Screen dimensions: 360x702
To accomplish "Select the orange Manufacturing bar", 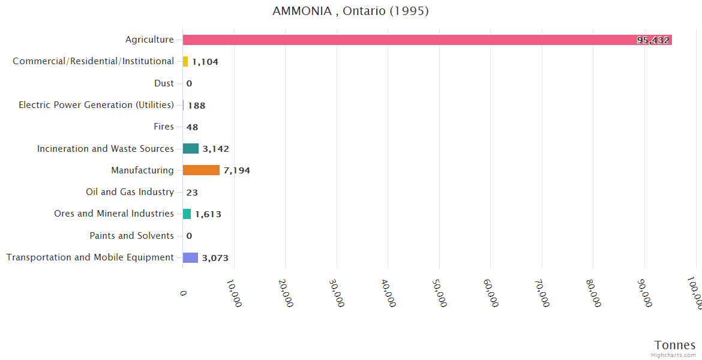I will tap(201, 170).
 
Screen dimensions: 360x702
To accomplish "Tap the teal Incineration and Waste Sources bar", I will tap(191, 149).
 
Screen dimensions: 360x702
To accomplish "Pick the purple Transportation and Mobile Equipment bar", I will tap(190, 257).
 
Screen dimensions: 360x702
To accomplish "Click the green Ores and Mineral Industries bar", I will tap(187, 214).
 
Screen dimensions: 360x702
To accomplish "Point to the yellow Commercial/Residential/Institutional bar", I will tap(185, 61).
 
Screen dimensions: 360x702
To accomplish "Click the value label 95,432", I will tap(653, 40).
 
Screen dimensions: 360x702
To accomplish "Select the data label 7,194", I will tap(236, 170).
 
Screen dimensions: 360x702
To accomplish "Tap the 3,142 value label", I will tap(215, 149).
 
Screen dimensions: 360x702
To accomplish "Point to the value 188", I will tap(196, 106).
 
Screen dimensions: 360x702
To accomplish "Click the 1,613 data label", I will tap(208, 214).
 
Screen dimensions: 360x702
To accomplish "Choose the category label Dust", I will tap(164, 83).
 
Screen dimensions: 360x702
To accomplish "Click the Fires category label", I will tap(164, 127).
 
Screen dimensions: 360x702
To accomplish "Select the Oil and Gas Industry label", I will tap(130, 192).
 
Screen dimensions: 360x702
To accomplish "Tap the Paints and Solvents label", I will tap(131, 236).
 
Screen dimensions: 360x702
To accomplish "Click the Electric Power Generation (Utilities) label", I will tap(96, 105).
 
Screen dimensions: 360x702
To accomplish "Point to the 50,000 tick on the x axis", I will tap(440, 293).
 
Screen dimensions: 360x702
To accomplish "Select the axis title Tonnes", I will tap(674, 345).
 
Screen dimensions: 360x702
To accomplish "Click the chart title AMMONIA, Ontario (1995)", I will tap(350, 11).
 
